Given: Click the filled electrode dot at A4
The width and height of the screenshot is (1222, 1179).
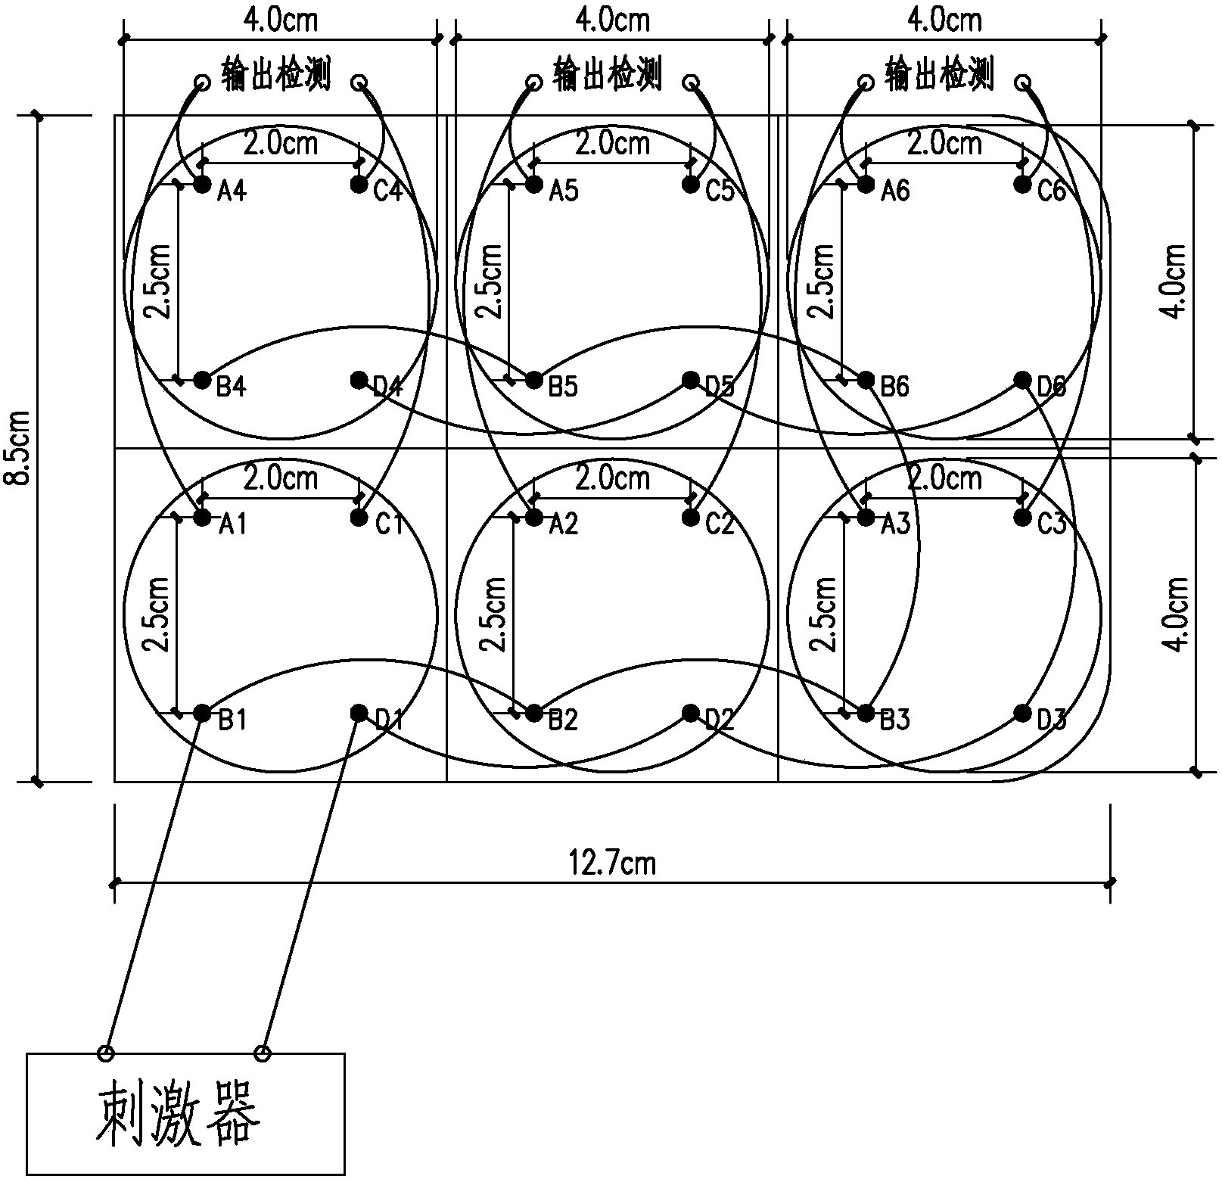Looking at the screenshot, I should pos(202,184).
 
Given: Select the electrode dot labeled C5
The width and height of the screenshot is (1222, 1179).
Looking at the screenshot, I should pos(690,184).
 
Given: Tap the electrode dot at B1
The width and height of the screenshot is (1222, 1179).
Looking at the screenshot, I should pos(202,713).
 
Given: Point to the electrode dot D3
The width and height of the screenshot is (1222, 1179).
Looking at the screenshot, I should pos(1022,713).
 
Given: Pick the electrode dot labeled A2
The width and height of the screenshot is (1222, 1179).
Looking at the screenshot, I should pos(534,518).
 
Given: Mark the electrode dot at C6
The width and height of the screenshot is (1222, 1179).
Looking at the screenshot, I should pos(1022,184).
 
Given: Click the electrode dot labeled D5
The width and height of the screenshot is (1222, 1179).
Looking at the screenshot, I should pos(690,379).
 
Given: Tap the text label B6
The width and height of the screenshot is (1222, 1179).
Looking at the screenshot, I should pos(894,387).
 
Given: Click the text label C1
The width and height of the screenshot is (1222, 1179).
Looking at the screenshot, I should pos(390,524).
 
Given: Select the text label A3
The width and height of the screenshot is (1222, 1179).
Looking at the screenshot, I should pos(895,524).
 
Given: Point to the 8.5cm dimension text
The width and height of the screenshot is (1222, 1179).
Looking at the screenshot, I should pos(20,448).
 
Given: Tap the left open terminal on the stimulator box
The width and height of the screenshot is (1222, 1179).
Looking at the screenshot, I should pos(106,1053).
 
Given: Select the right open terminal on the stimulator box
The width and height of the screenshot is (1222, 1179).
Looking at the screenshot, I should pos(263,1053).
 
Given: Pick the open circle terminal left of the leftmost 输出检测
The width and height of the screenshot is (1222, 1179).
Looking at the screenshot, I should pos(202,82).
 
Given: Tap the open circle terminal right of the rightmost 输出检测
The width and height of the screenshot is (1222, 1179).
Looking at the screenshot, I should pos(1022,82).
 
